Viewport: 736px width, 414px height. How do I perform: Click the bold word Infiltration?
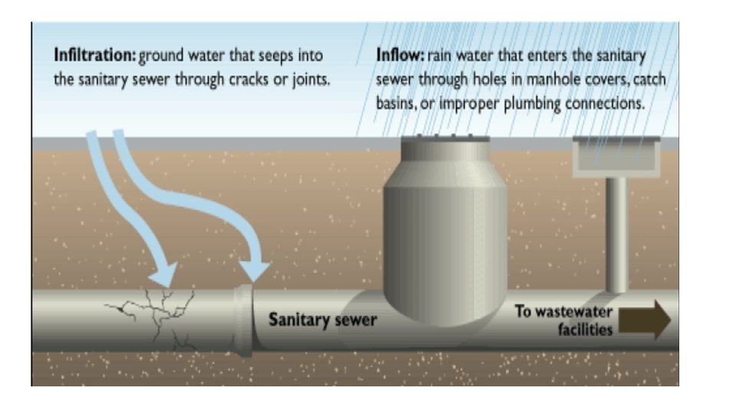(94, 56)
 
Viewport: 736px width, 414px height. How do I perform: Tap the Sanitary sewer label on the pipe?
(322, 319)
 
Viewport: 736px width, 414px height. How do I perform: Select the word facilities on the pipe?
(585, 330)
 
